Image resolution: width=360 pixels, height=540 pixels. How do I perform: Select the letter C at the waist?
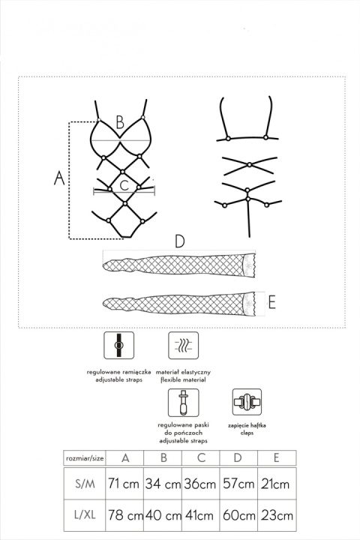pyautogui.click(x=124, y=184)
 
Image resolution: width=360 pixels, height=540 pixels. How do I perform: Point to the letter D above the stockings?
pyautogui.click(x=178, y=241)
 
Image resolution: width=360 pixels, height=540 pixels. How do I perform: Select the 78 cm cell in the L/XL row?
pyautogui.click(x=125, y=516)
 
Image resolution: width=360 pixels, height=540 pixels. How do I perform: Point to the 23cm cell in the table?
pyautogui.click(x=274, y=516)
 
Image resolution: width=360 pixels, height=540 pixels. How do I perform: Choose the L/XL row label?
pyautogui.click(x=84, y=516)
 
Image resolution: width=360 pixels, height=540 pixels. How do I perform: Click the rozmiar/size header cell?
pyautogui.click(x=84, y=458)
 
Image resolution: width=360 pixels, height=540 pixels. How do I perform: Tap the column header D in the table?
pyautogui.click(x=238, y=458)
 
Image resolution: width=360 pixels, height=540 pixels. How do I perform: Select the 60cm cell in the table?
pyautogui.click(x=238, y=516)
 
